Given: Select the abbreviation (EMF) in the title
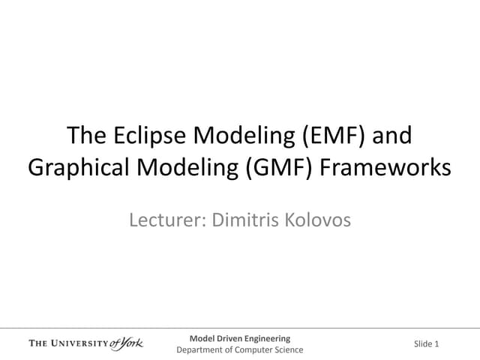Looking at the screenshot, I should [x=323, y=136].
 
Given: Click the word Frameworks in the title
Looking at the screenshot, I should [x=388, y=167].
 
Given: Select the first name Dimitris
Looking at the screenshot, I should [x=244, y=220].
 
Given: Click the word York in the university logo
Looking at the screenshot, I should [x=130, y=343].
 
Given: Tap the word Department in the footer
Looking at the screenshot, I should [x=200, y=349].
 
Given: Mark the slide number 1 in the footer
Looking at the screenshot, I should [x=436, y=344].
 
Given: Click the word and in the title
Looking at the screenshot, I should [x=392, y=136].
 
